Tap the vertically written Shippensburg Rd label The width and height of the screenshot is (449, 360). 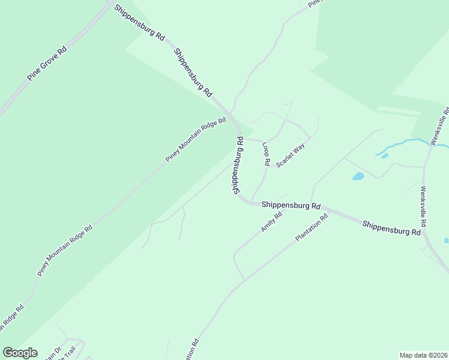point(238,164)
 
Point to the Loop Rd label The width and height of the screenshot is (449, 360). point(266,154)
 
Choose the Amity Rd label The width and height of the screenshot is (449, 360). point(271,223)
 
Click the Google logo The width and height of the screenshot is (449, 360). point(20,353)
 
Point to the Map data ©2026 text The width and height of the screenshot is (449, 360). point(423,355)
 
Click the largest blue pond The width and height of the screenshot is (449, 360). point(358,176)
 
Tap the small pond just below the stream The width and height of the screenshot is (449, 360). point(384,156)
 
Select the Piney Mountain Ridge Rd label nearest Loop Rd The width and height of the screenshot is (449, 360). point(196,139)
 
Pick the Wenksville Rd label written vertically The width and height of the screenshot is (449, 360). point(423,206)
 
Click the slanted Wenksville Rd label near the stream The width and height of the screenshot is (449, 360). point(440,126)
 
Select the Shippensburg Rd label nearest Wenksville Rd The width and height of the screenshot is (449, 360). point(391,227)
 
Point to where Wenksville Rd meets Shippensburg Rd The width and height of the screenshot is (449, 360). point(425,233)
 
